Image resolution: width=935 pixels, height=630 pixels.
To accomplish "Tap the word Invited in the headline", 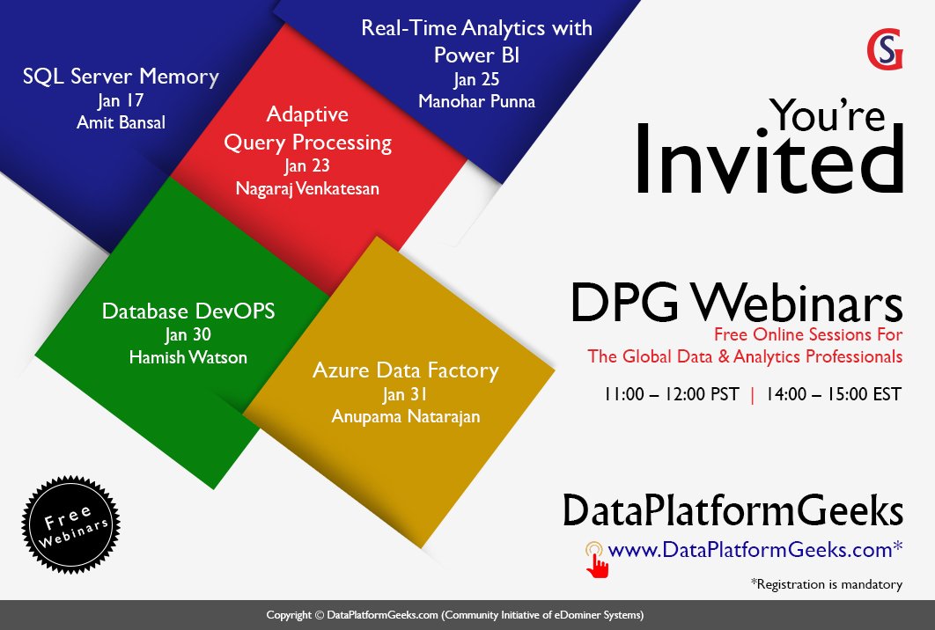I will coord(769,160).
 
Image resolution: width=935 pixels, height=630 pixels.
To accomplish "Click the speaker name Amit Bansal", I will coord(121,121).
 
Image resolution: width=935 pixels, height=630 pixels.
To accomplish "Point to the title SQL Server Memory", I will coord(121,77).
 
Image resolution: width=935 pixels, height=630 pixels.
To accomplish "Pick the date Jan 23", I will coord(307,165).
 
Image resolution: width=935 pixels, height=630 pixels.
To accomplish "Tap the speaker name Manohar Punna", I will coord(476,100).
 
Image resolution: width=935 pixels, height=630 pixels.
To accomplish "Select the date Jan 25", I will coord(476,80).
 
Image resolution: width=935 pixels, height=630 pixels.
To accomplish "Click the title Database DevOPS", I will coord(188,311).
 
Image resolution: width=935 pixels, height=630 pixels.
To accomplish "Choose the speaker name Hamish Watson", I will coord(188,356).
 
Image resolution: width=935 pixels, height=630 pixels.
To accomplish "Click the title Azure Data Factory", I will coord(405,370).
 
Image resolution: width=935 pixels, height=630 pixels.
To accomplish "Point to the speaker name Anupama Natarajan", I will coord(406,416).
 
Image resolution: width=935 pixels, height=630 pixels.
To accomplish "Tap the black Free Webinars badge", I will coord(70,524).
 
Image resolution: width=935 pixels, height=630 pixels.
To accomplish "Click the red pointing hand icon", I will coord(597,560).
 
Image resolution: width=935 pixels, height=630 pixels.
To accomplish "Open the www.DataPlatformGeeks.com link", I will coord(755,550).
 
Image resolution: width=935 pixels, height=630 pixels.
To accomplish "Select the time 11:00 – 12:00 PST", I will coord(672,394).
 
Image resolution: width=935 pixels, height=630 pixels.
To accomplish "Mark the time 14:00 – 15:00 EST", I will coord(834,394).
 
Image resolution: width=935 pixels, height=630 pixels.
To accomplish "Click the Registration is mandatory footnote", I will coord(826,583).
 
